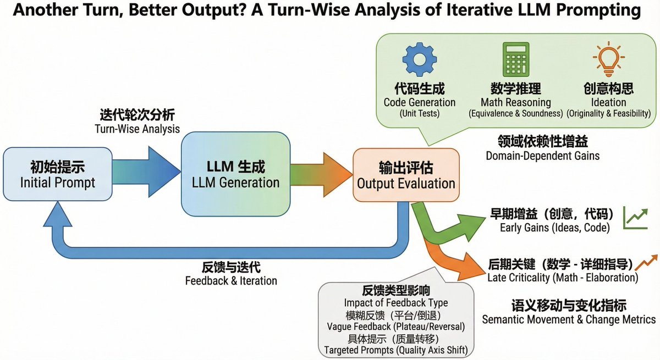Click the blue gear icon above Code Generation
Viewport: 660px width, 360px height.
pyautogui.click(x=420, y=59)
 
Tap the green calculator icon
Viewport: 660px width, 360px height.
pyautogui.click(x=515, y=59)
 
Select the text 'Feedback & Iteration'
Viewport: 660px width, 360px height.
pyautogui.click(x=231, y=281)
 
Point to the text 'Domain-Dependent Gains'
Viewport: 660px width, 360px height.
pyautogui.click(x=542, y=156)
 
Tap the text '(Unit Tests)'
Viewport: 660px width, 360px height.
pyautogui.click(x=420, y=114)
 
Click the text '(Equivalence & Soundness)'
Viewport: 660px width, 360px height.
pyautogui.click(x=515, y=114)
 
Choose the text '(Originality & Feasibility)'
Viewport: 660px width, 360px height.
pyautogui.click(x=608, y=114)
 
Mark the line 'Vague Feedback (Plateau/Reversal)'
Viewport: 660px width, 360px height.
pyautogui.click(x=396, y=326)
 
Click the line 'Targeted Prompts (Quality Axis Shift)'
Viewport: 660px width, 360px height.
pyautogui.click(x=396, y=350)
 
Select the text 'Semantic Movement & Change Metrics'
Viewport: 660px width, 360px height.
pyautogui.click(x=569, y=319)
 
